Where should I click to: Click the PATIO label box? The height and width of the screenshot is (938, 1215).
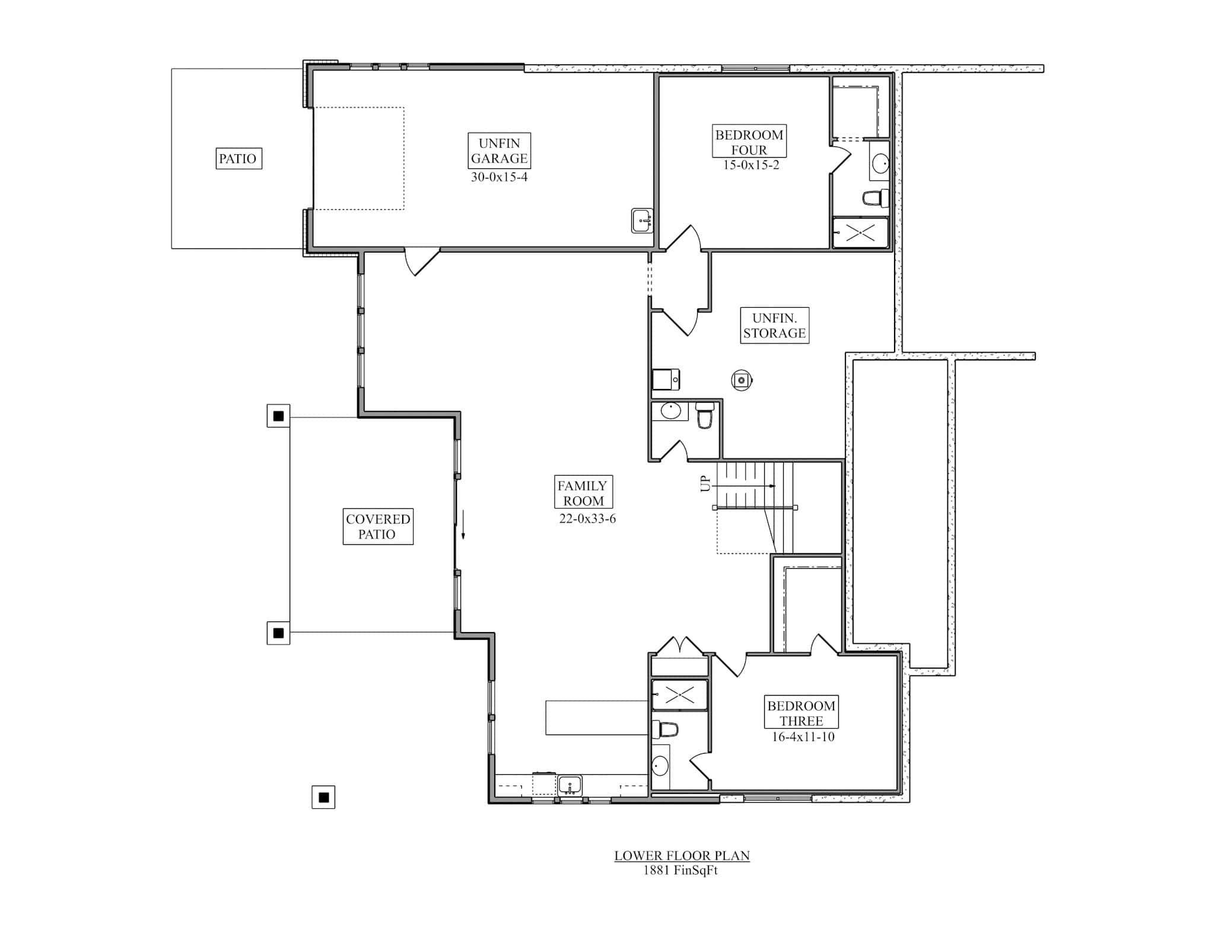point(238,158)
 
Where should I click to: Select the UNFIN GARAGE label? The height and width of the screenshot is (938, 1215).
point(499,151)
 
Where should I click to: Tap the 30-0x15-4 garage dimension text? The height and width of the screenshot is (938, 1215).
point(499,177)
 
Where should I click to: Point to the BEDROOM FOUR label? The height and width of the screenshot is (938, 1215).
point(749,142)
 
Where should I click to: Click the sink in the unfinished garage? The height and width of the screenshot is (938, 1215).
point(641,220)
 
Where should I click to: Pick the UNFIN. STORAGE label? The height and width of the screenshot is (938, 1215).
point(774,326)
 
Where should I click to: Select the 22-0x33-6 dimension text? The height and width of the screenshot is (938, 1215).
point(587,519)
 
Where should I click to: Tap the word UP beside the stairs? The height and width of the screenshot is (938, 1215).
point(705,484)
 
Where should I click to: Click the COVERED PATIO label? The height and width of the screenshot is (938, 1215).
point(378,527)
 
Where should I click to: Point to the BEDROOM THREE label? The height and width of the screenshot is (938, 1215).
point(801,713)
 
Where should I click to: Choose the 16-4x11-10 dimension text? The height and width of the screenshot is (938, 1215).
point(803,737)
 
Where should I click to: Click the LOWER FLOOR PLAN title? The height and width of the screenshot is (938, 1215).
point(682,856)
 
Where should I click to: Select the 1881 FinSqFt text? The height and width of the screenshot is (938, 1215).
point(680,870)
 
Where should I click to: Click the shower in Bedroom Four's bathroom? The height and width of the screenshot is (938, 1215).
point(860,233)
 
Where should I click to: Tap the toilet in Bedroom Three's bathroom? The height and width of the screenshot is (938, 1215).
point(666,729)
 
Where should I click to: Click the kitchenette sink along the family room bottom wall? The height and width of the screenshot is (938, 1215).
point(570,786)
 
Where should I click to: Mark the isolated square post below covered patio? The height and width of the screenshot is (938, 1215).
point(323,797)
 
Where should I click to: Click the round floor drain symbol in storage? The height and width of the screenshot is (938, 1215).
point(742,380)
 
